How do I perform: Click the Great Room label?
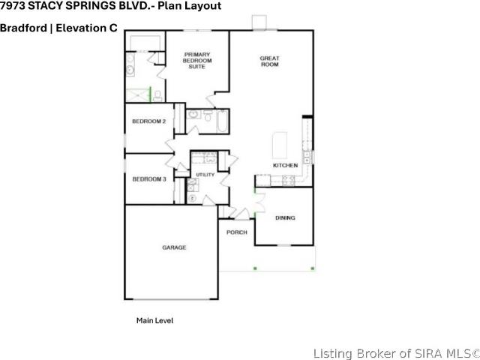coord(269,61)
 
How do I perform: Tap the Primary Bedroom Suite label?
coord(197,60)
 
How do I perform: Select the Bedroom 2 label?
coord(149,121)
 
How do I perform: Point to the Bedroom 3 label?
coord(149,179)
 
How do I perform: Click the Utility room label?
coord(205,175)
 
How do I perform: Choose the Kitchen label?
coord(285,165)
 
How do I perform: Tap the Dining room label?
coord(285,218)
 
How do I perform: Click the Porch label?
coord(237,232)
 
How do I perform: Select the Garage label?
coord(174,247)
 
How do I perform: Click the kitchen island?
coord(280,145)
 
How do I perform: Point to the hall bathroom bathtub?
coord(223,121)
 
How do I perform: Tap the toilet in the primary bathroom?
coord(157,96)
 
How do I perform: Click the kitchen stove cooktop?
coord(288,181)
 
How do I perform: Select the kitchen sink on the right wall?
coord(307,157)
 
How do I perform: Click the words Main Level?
coord(155,320)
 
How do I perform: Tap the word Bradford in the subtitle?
coord(23,28)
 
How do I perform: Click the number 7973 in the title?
coord(13,5)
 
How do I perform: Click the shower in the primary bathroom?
coord(138,95)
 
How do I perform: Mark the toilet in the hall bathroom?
coord(208,115)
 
